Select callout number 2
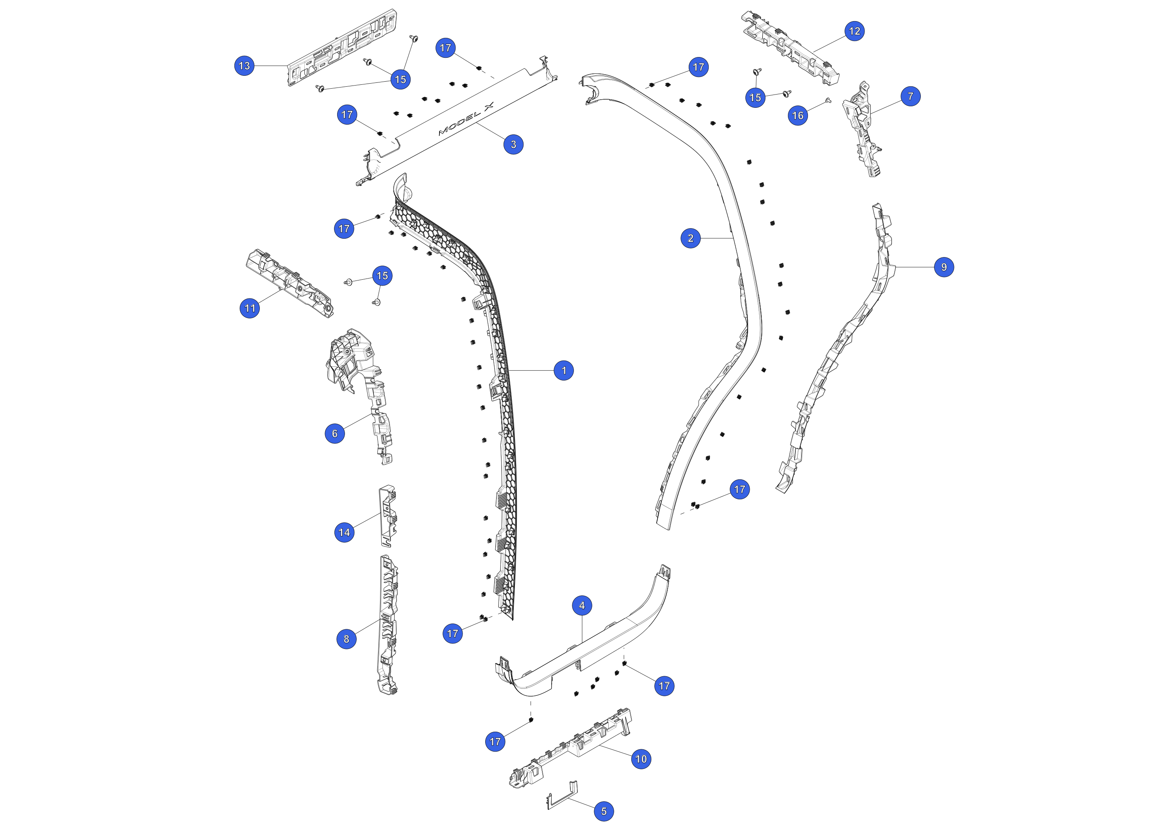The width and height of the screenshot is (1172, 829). coord(691,238)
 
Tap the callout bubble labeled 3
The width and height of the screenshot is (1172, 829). coord(513,145)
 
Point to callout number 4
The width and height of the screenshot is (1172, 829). coord(582,606)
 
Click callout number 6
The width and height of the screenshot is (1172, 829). coord(335,433)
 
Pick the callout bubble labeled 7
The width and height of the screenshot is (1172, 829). coord(911,96)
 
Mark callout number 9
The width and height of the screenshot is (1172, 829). coord(944,267)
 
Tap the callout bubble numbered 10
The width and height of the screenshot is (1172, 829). coord(641,759)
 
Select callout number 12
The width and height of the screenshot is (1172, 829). coord(854,31)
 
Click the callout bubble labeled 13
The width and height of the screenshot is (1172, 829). coord(245,65)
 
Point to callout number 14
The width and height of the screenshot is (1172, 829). coord(345,532)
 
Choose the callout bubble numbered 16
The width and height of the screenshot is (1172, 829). coord(798,115)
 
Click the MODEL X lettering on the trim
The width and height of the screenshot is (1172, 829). coord(466,119)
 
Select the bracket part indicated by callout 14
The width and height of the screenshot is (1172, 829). coord(388,516)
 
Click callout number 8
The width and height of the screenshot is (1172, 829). coord(347,639)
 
